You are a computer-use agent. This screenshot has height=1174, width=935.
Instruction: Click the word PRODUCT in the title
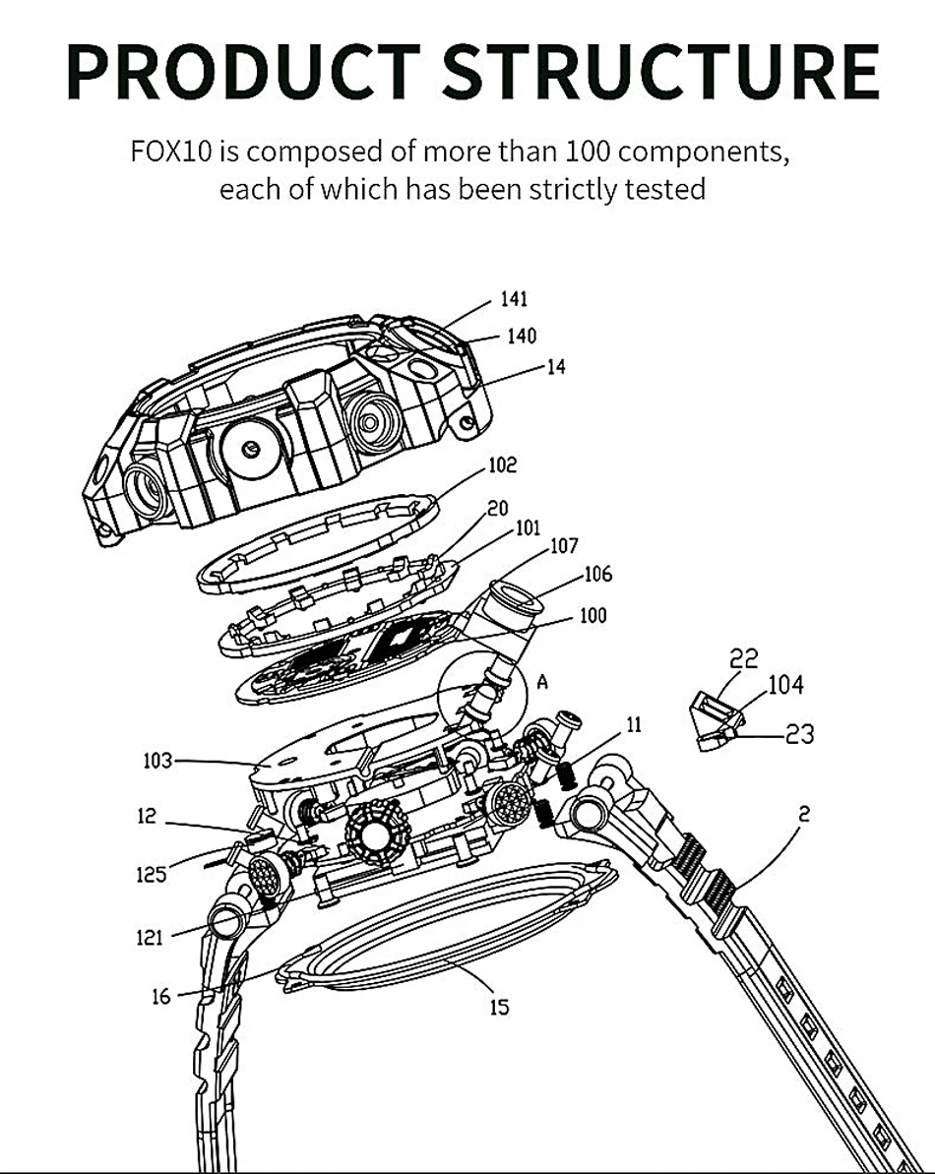click(243, 72)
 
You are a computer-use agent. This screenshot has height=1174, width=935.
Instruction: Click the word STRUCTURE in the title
click(661, 72)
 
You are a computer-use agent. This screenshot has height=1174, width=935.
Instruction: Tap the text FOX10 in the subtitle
click(172, 152)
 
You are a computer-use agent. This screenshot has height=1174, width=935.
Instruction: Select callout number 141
click(515, 299)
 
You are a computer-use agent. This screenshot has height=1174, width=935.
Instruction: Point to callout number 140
click(522, 336)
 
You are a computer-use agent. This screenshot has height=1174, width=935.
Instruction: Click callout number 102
click(502, 464)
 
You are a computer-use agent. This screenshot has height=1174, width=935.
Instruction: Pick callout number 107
click(564, 546)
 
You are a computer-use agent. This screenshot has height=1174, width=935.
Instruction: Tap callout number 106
click(598, 575)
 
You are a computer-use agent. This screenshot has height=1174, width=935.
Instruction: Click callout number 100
click(592, 616)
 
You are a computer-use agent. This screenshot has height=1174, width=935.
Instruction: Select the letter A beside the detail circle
click(542, 681)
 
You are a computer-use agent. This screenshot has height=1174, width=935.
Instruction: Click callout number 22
click(743, 658)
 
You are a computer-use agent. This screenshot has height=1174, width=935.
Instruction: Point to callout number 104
click(786, 684)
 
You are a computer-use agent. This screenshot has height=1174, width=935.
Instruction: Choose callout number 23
click(799, 734)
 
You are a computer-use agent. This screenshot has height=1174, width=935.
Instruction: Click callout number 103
click(157, 761)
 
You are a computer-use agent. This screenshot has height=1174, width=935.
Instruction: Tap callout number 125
click(152, 874)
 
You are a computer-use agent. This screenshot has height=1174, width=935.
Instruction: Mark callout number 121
click(150, 938)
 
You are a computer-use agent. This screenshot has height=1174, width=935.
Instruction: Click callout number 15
click(499, 1007)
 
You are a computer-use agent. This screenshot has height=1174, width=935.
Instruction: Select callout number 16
click(161, 997)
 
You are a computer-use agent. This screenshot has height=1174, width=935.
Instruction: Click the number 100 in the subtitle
click(588, 152)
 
